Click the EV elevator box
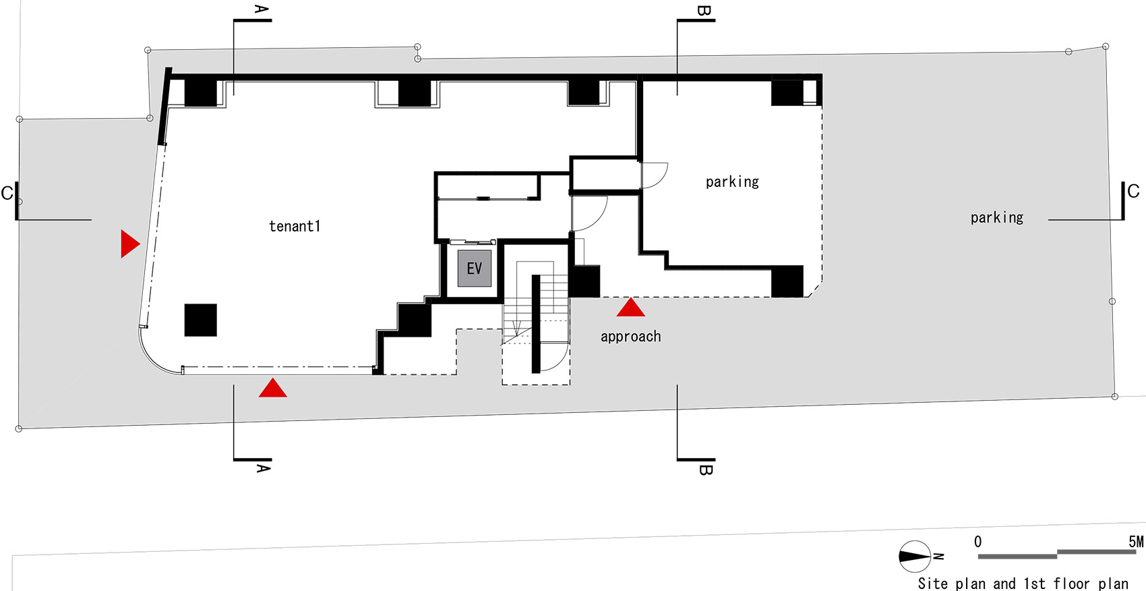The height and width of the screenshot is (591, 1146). [x=475, y=268]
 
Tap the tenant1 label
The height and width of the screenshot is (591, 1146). [x=295, y=226]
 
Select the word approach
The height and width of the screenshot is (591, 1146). [x=631, y=337]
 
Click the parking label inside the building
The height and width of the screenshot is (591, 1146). [x=732, y=181]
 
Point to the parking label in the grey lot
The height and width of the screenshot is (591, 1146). [x=997, y=218]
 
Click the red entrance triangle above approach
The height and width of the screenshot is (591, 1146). [x=631, y=307]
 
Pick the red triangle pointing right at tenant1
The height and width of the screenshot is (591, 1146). [x=130, y=244]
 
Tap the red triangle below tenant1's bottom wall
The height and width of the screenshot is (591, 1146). [x=273, y=388]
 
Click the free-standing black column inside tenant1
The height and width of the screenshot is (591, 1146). [x=201, y=320]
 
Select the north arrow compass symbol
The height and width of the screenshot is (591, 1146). [x=915, y=556]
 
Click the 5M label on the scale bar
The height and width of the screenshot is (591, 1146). [x=1137, y=542]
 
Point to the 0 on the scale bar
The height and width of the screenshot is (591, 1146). [x=977, y=542]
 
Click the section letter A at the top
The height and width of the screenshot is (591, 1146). [x=262, y=9]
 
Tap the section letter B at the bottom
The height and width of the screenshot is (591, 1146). [x=706, y=470]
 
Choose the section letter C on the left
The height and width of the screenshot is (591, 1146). [x=7, y=193]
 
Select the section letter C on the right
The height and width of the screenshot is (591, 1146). [x=1133, y=192]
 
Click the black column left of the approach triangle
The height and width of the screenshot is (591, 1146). [x=584, y=281]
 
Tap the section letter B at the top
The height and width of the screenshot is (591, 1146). [x=704, y=10]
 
